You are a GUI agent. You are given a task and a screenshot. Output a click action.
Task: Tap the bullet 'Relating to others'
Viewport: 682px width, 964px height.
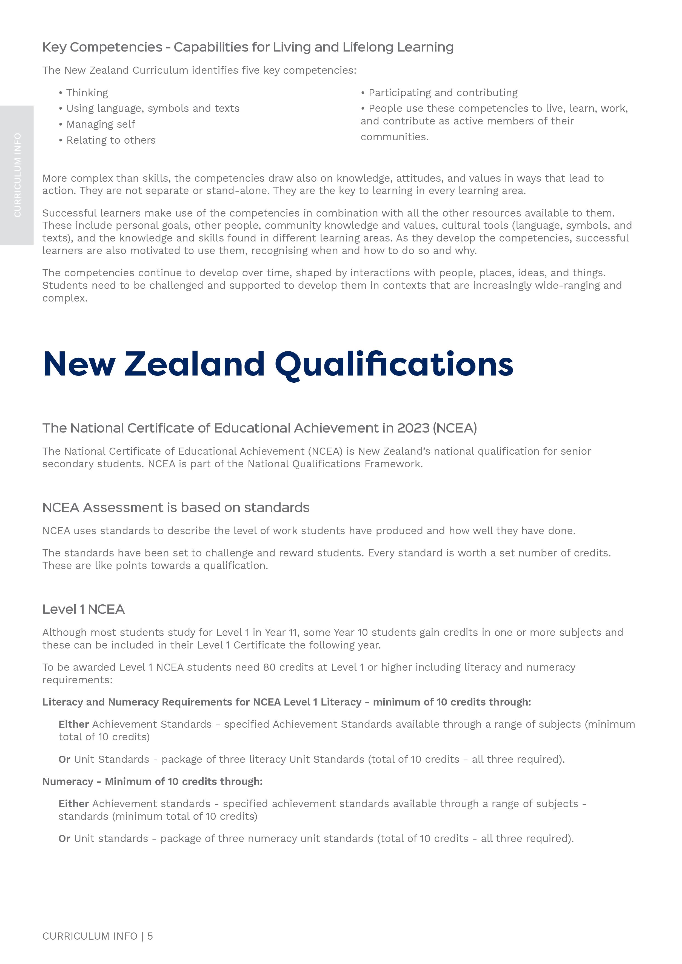coord(111,140)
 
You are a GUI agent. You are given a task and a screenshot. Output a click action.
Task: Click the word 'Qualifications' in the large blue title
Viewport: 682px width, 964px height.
coord(394,364)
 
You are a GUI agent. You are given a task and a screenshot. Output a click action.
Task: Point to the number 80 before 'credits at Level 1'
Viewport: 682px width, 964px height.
coord(269,667)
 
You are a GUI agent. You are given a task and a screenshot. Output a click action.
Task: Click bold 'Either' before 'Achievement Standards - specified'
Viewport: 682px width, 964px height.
coord(73,724)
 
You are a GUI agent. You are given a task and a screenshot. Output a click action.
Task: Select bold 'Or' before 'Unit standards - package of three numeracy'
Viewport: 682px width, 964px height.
coord(64,838)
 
